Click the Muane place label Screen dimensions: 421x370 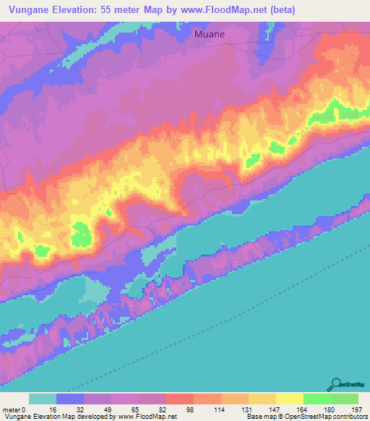tap(212, 33)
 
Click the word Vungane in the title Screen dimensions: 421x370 tap(32, 9)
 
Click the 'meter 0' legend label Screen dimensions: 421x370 tap(14, 409)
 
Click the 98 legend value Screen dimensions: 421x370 tap(209, 409)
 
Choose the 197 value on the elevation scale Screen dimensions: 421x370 tap(356, 409)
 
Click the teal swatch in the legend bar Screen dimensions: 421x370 tap(43, 399)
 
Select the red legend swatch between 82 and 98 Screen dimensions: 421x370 tap(180, 399)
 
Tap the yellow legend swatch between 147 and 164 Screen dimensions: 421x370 tap(290, 399)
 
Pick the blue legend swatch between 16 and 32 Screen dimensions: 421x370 tap(70, 399)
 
